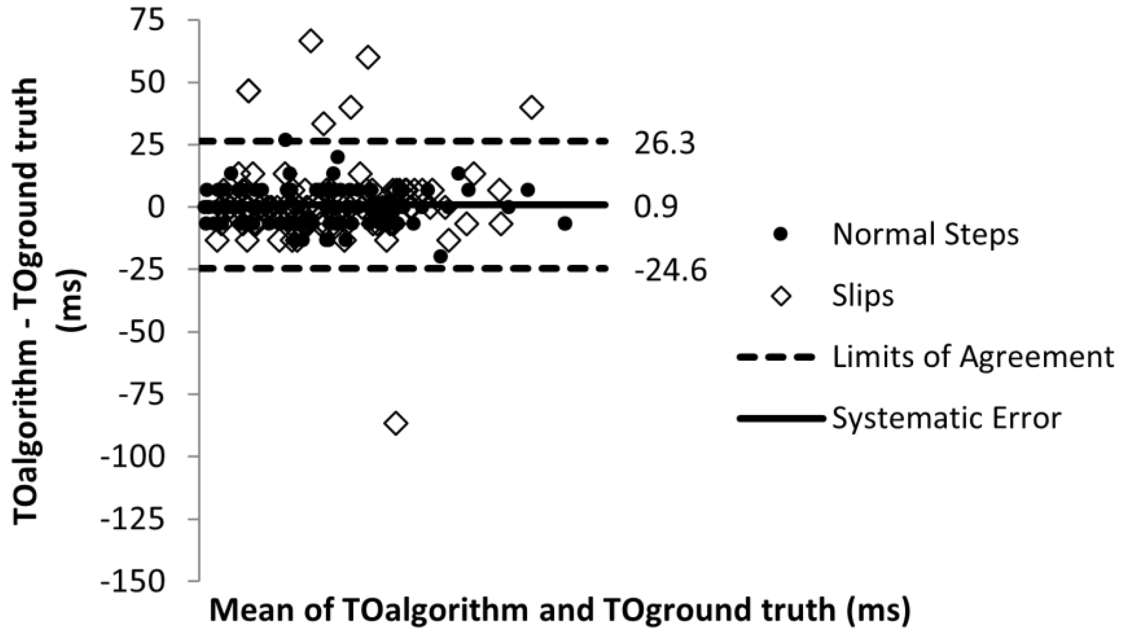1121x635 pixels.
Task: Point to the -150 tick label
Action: click(x=133, y=582)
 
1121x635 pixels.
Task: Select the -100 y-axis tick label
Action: click(x=133, y=457)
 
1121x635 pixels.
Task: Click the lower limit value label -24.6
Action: click(x=671, y=270)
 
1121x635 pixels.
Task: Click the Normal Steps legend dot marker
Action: click(x=780, y=235)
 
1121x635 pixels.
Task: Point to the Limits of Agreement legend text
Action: click(x=972, y=357)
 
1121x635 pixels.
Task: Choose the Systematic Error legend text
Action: click(x=947, y=419)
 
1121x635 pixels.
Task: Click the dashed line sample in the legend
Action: click(x=776, y=358)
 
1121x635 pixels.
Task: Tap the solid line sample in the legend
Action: click(x=781, y=419)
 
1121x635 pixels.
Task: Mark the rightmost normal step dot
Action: click(x=565, y=224)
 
